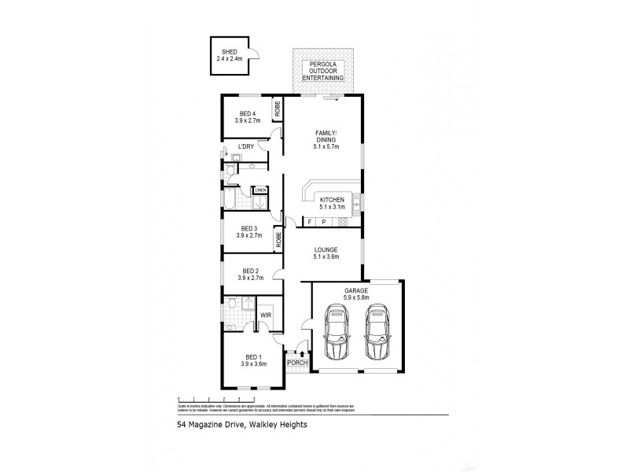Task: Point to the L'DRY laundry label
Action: click(245, 147)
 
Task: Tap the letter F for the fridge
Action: click(310, 223)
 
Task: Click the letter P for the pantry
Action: click(324, 223)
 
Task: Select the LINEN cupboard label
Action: click(260, 190)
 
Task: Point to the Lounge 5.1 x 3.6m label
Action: click(326, 253)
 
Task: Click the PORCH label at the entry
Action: click(296, 363)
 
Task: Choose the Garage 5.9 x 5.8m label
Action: click(357, 293)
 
